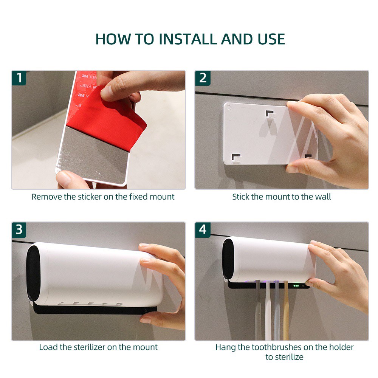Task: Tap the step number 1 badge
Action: (x=19, y=78)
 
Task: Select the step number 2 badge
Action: (x=203, y=78)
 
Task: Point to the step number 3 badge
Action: (x=19, y=230)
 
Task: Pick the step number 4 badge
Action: (x=203, y=230)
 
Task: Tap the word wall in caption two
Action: (x=323, y=197)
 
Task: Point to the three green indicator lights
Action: (x=296, y=286)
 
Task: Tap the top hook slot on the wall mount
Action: (x=270, y=114)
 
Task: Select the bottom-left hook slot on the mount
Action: (x=237, y=157)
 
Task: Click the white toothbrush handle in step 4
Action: (x=268, y=311)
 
